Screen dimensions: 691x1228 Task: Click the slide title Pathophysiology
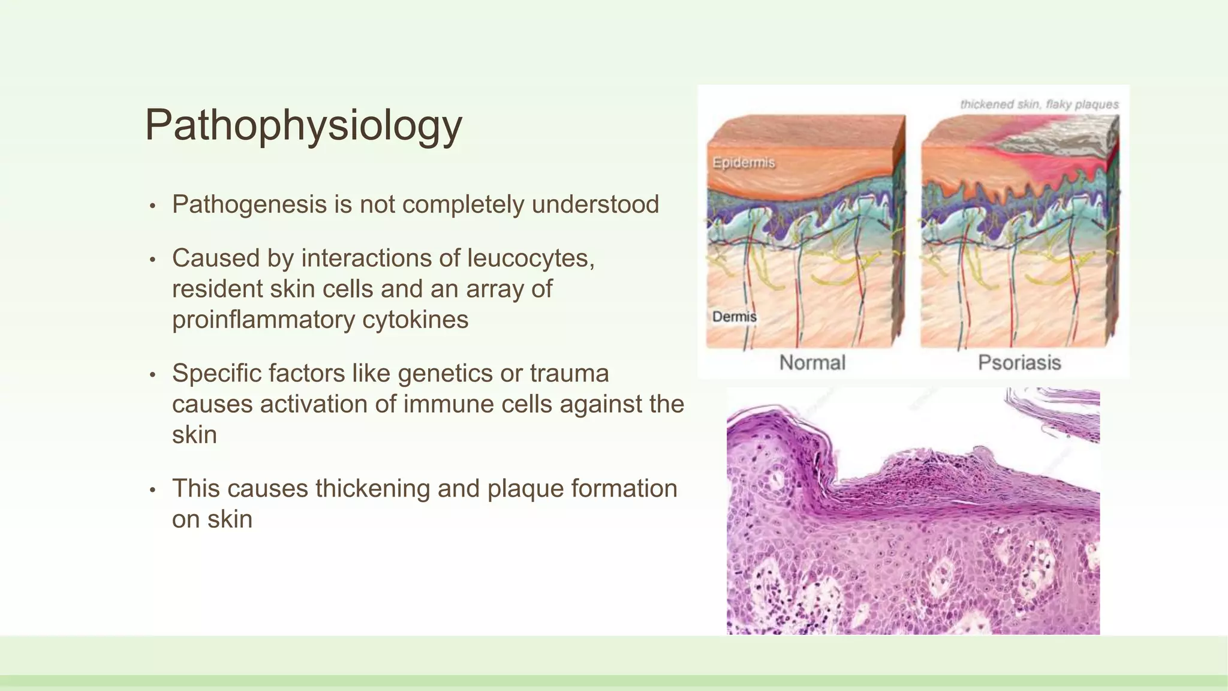point(303,125)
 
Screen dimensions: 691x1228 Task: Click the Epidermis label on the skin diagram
point(744,163)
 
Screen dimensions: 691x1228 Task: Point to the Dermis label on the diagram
point(734,317)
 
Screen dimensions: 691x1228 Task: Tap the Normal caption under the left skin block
point(812,362)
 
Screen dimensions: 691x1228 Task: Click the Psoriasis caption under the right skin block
point(1019,362)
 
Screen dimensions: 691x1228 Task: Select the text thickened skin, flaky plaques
point(1039,104)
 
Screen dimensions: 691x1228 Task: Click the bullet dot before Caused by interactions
point(153,260)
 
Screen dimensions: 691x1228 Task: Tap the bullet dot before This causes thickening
point(153,490)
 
